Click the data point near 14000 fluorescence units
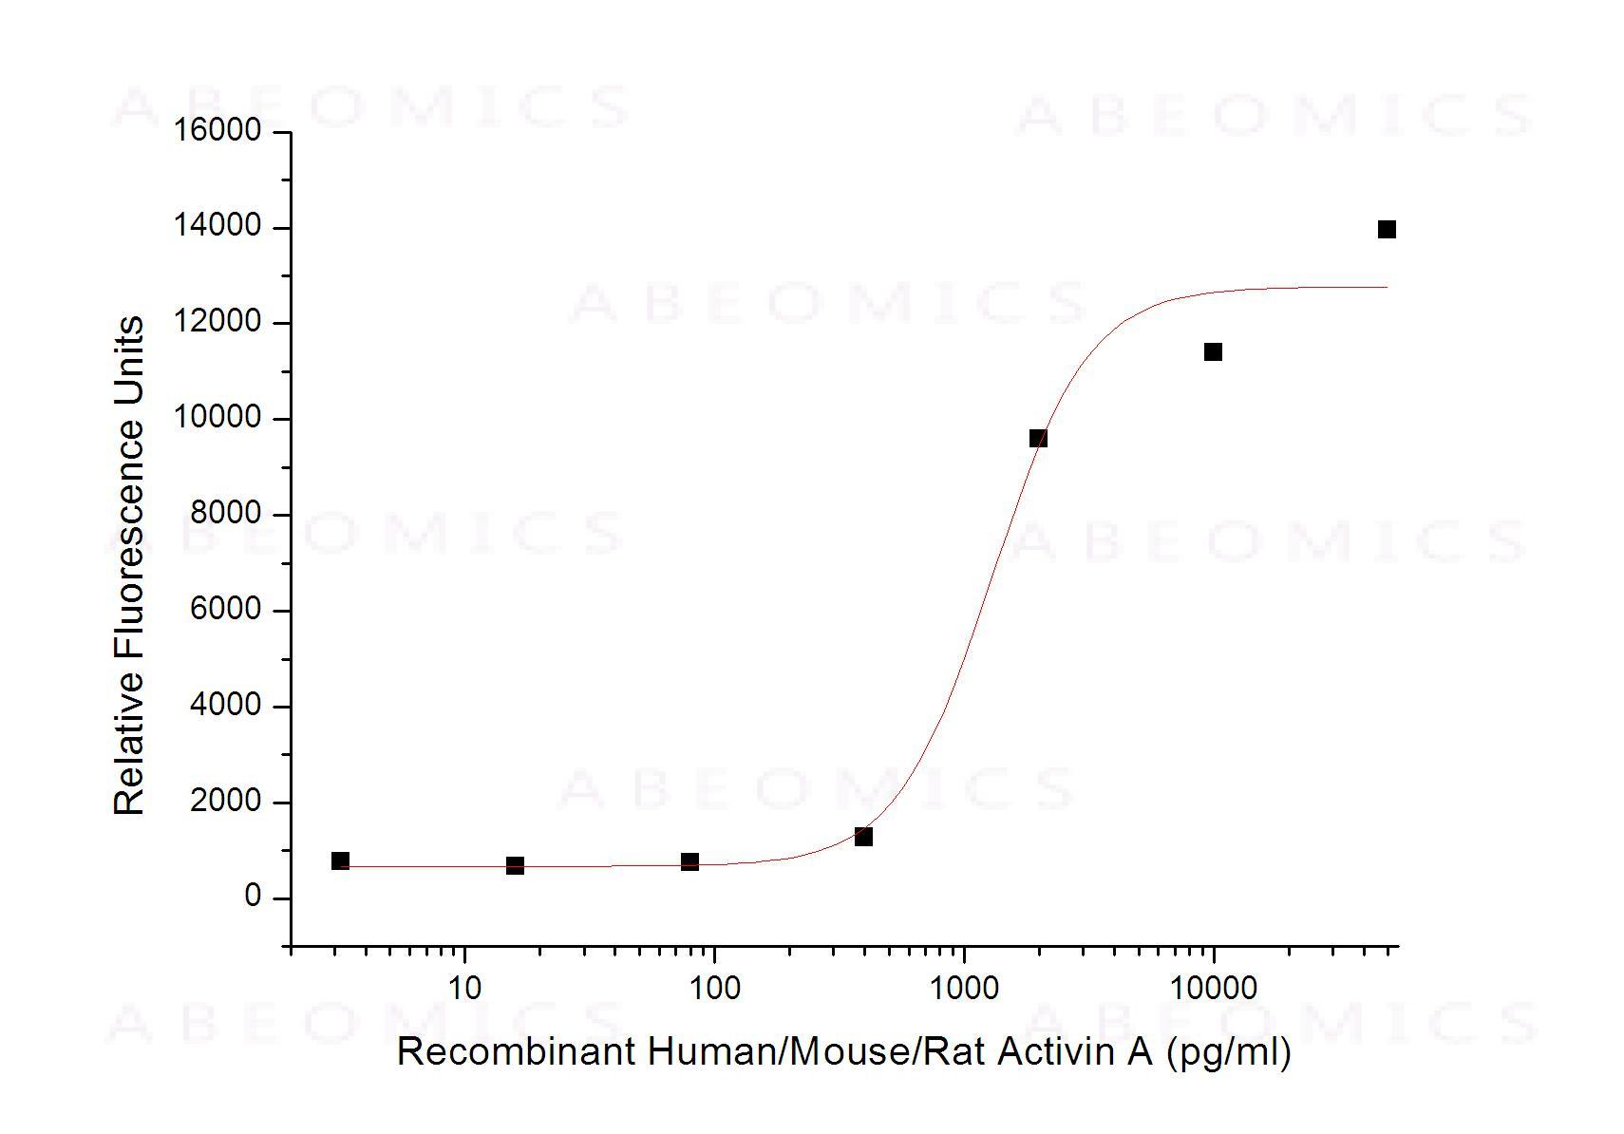coord(1387,229)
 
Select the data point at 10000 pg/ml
coord(1213,352)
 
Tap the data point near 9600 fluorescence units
coord(1038,438)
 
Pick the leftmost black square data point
coord(340,860)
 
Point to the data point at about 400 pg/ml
coord(863,837)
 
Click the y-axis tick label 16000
coord(217,130)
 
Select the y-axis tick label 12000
coord(217,322)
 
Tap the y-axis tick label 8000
coord(225,514)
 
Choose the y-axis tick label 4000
coord(225,705)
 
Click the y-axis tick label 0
coord(252,897)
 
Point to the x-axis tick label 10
coord(463,988)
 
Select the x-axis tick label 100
coord(713,988)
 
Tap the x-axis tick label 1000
coord(964,988)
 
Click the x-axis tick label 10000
coord(1213,988)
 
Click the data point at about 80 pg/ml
coord(689,861)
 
